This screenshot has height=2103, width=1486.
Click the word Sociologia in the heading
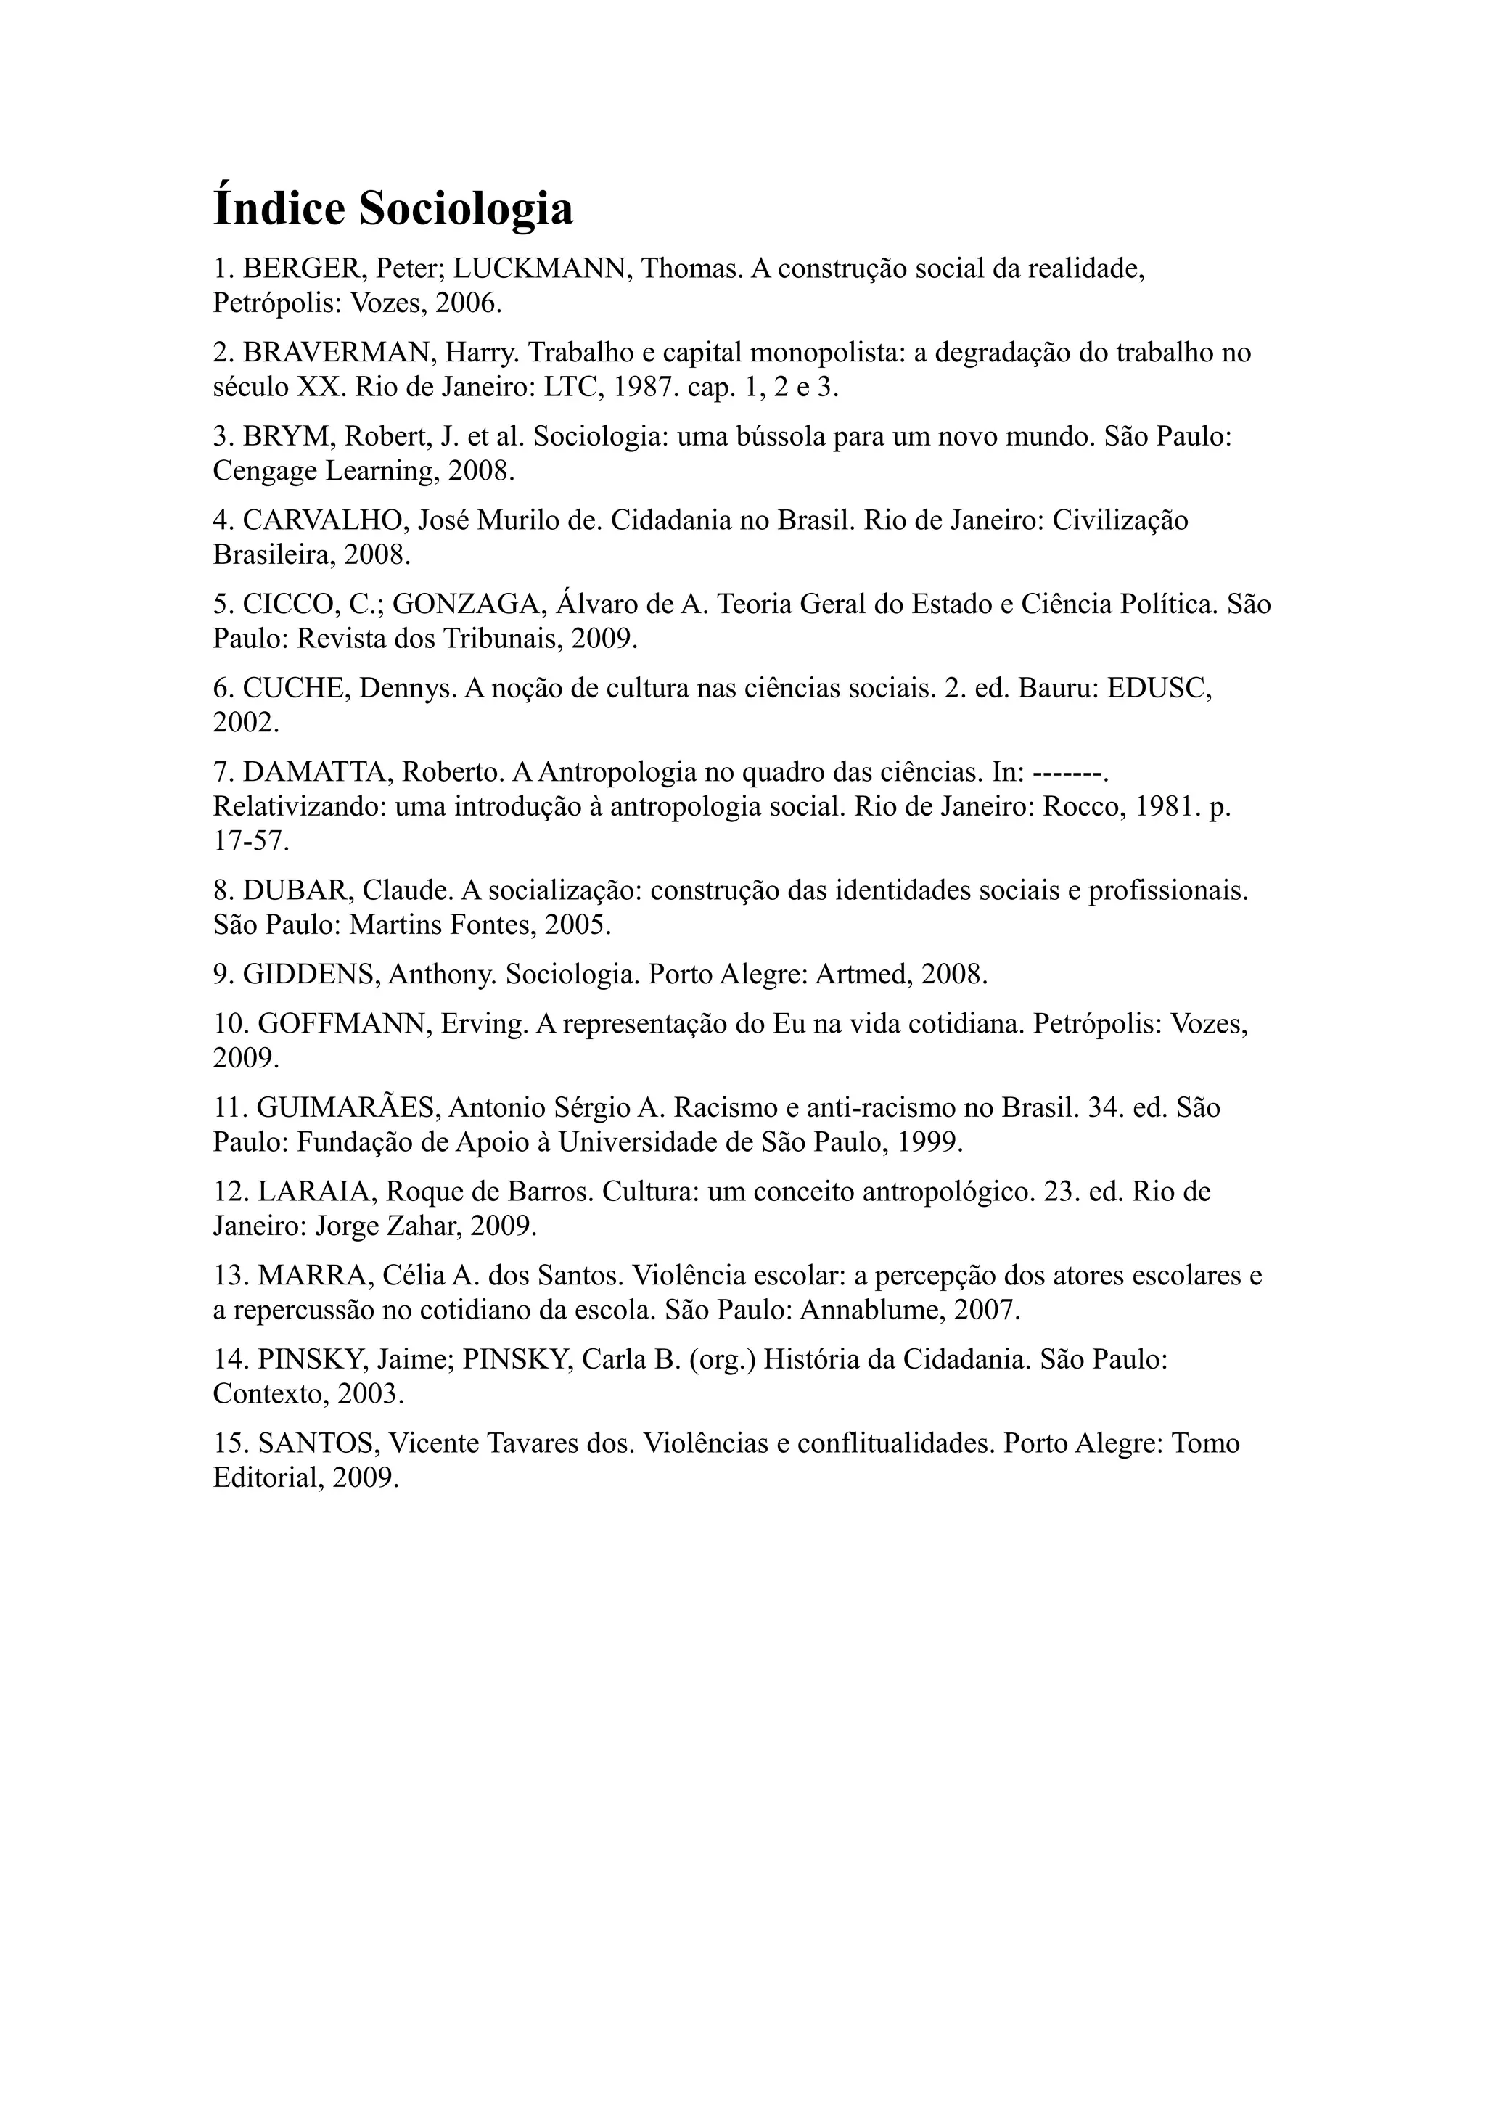pos(465,209)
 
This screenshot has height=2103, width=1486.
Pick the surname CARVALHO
pos(325,521)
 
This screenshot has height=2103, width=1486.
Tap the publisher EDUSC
pos(1159,689)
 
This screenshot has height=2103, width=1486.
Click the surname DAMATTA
pos(319,773)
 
